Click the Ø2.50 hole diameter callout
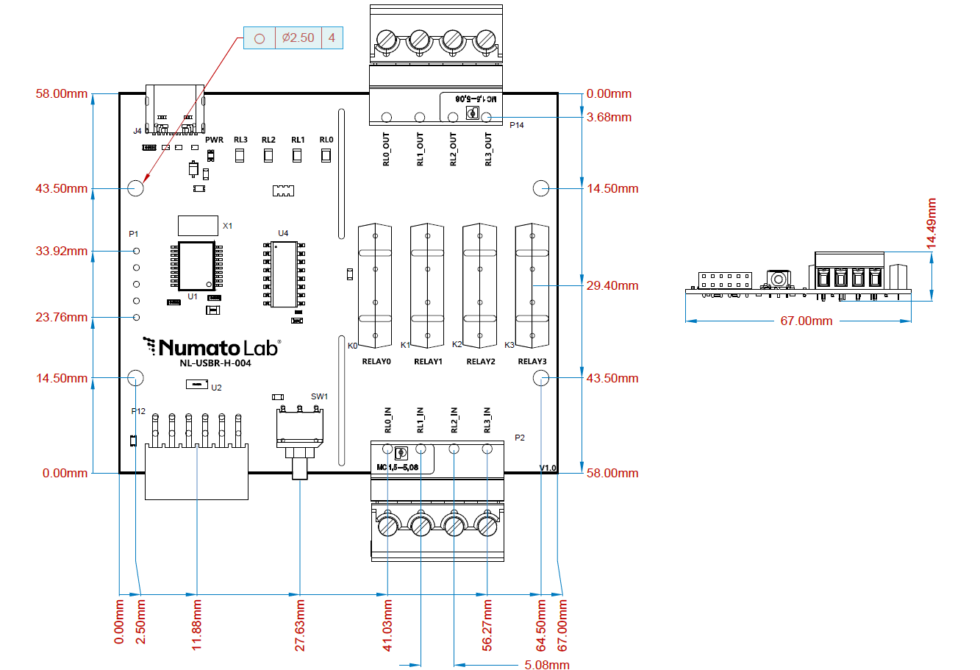point(298,38)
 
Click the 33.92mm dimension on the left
point(62,251)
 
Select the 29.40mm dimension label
point(612,285)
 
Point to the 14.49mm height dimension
point(931,223)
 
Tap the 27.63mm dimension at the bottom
point(300,624)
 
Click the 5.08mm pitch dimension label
point(547,665)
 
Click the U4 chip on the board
point(284,274)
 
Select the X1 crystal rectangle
point(198,225)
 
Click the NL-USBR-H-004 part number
point(215,363)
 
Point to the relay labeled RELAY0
point(375,285)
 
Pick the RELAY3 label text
point(532,361)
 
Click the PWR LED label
point(214,140)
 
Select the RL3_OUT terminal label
point(488,149)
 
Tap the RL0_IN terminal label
point(388,420)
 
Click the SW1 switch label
point(319,396)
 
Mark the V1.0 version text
point(548,468)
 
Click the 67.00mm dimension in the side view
point(806,321)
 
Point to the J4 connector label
point(137,132)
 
